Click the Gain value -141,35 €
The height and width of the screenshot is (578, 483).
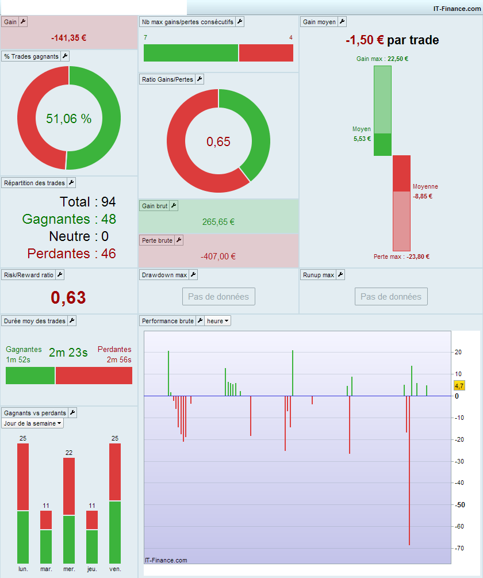(x=68, y=38)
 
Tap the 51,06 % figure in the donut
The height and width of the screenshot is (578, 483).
(x=69, y=118)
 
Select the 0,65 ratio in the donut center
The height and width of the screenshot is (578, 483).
(x=218, y=141)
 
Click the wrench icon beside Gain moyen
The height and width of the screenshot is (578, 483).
(x=342, y=22)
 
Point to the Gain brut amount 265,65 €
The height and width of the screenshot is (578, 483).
(x=218, y=222)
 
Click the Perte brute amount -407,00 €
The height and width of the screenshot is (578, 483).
(x=218, y=257)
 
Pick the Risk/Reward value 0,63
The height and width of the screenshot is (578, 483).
(x=68, y=297)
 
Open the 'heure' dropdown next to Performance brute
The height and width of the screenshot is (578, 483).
(x=218, y=321)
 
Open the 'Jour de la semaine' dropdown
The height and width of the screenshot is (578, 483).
(x=33, y=423)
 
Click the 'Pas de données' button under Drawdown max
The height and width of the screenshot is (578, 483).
(x=218, y=297)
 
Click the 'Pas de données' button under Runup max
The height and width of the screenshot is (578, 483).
(x=391, y=297)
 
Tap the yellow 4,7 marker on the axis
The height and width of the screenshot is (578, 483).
(x=459, y=385)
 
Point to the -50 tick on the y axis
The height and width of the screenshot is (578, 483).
(x=460, y=505)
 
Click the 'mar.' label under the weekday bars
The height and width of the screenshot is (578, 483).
(x=46, y=569)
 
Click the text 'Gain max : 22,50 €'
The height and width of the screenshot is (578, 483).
(x=382, y=59)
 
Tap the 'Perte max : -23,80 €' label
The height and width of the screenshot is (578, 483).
(x=401, y=257)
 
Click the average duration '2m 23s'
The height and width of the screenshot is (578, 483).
(x=68, y=353)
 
